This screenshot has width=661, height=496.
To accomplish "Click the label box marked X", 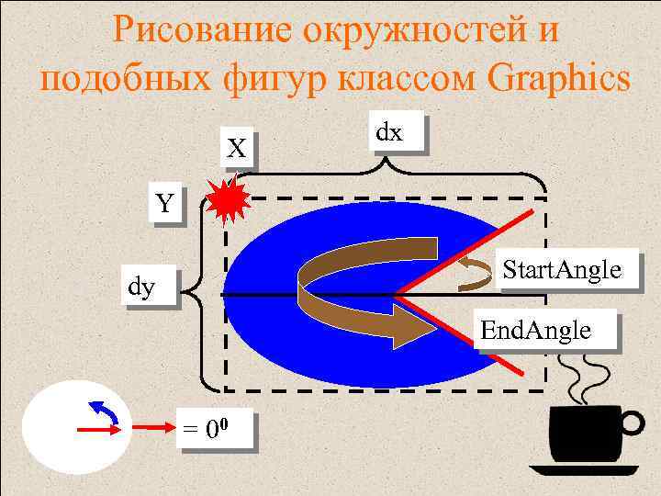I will [238, 147].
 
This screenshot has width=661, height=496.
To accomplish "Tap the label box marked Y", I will [164, 204].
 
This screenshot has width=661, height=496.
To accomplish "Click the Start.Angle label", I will [561, 271].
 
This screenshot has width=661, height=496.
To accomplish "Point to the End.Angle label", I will [547, 330].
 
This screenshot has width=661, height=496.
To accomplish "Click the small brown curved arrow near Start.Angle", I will [474, 272].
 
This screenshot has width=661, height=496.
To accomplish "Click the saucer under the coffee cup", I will [584, 469].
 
